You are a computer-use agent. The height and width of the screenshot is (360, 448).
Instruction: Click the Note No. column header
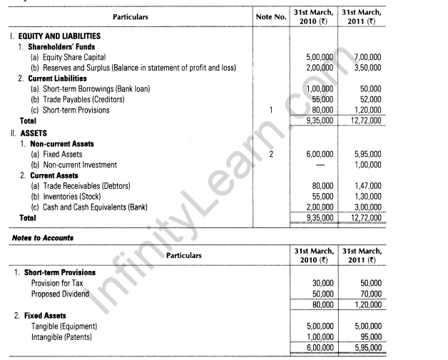coord(270,16)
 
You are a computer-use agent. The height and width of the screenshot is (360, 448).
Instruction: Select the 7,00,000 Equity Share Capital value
coord(366,57)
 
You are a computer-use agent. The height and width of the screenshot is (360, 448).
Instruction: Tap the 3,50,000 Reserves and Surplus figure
coord(366,68)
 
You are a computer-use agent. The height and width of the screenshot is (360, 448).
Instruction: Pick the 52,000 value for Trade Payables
coord(369,100)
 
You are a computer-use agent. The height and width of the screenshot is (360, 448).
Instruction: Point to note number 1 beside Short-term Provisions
coord(270,110)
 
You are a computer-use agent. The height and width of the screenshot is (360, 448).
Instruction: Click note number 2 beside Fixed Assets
coord(270,153)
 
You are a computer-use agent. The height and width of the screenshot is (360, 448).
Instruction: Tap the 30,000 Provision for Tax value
coord(320,283)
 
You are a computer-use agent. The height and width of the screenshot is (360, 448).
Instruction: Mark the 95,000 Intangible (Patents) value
coord(369,336)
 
